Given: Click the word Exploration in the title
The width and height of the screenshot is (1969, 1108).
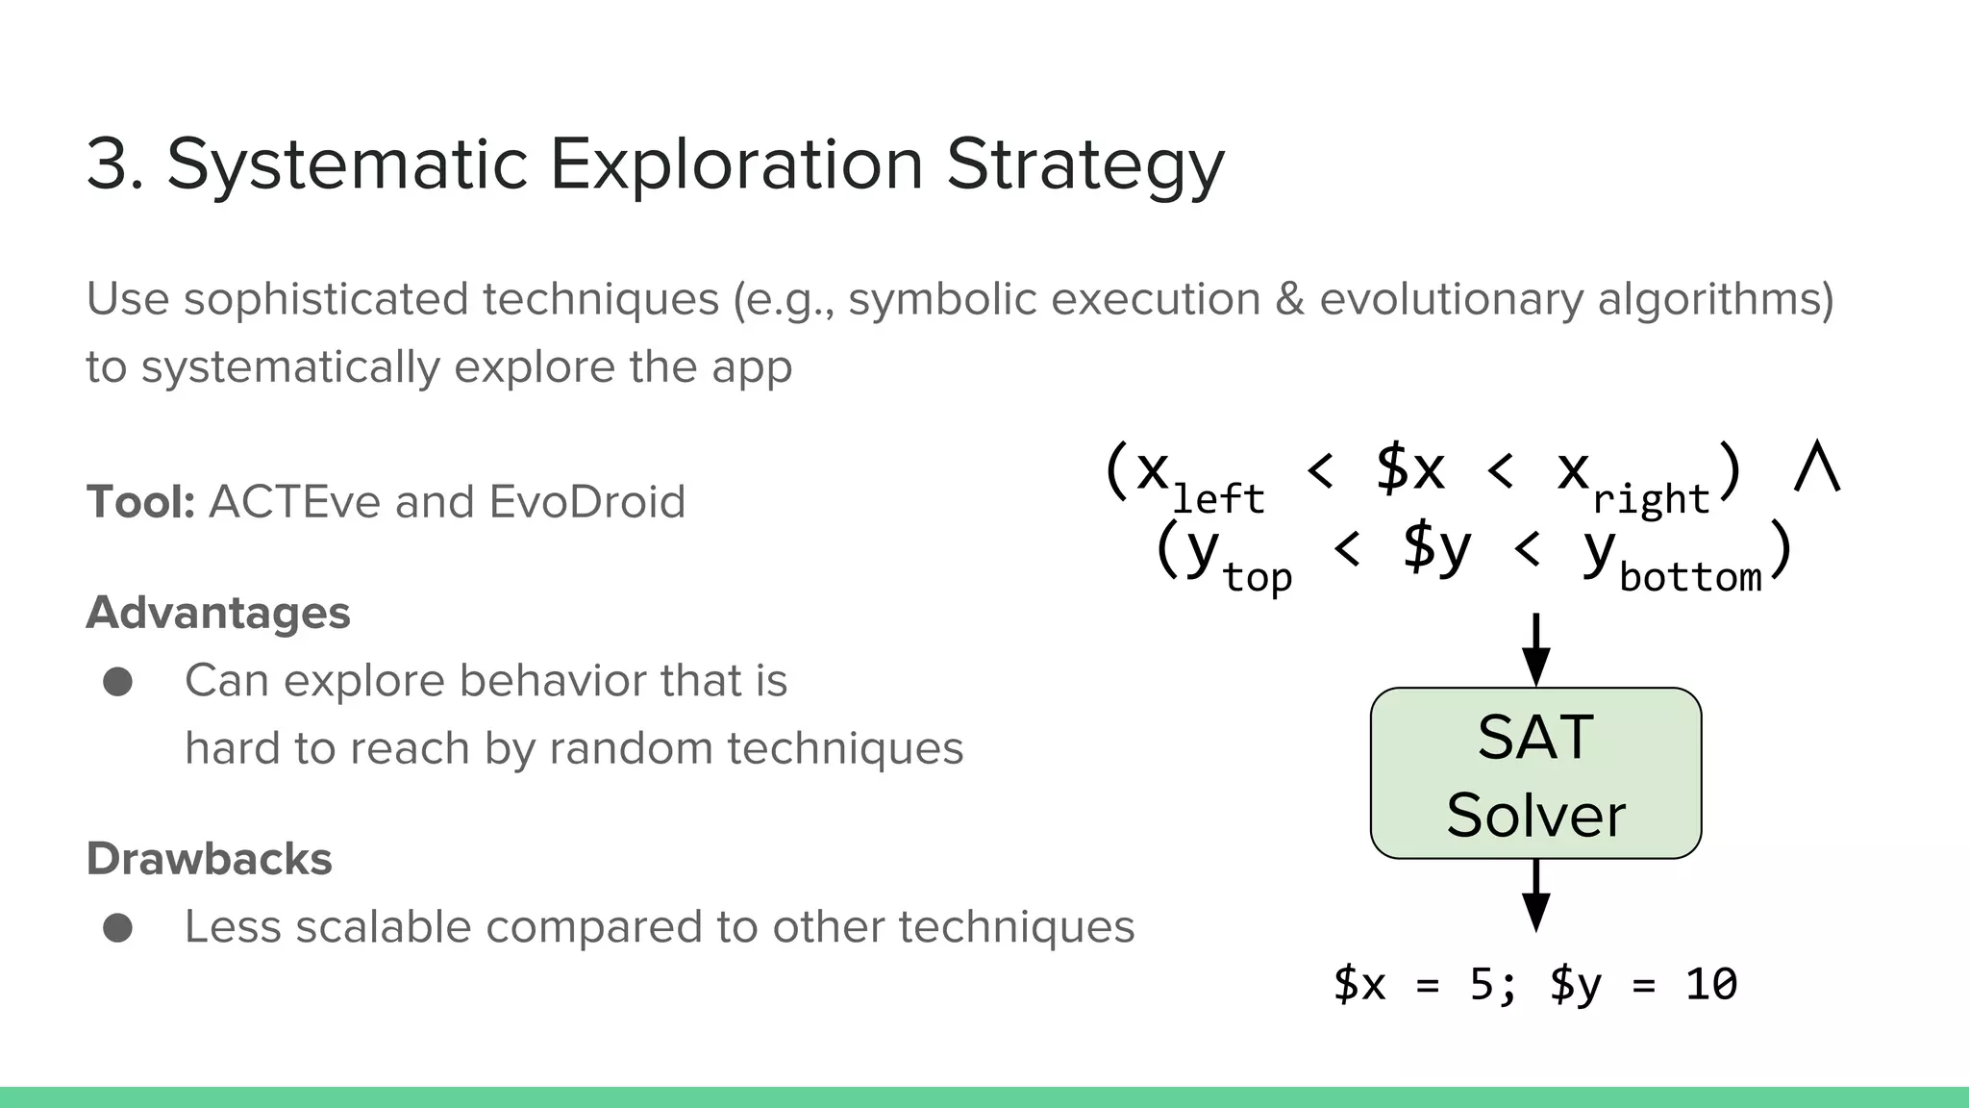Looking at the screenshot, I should (x=735, y=164).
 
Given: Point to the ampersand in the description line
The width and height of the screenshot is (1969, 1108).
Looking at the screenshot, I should (x=1290, y=299).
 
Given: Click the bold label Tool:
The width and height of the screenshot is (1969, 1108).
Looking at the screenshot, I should (x=140, y=502).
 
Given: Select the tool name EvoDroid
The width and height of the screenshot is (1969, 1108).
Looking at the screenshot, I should (x=586, y=502).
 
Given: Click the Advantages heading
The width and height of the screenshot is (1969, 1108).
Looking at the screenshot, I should (x=218, y=613).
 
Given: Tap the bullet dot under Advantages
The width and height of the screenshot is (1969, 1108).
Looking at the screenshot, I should (x=118, y=682).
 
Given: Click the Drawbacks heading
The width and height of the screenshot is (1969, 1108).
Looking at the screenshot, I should (x=209, y=859).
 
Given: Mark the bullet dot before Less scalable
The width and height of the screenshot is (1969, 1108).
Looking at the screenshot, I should (x=118, y=928).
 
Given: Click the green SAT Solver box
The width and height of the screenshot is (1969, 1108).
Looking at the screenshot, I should (x=1535, y=773).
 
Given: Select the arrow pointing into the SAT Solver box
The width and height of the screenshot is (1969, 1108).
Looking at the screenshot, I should (x=1535, y=651).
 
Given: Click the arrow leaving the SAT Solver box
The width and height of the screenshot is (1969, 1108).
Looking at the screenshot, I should (x=1535, y=895).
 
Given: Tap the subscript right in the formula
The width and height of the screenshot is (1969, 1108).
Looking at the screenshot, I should (x=1650, y=499).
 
